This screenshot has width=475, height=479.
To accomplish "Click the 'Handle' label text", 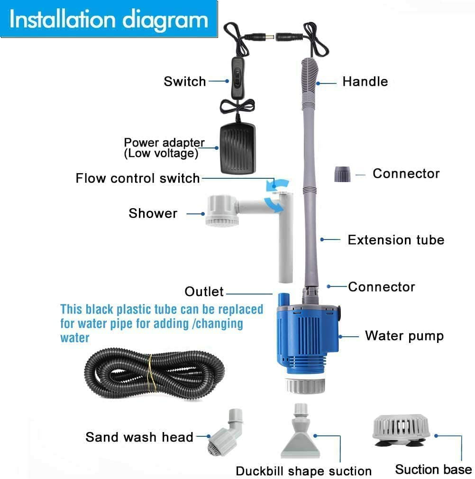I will coord(365,82).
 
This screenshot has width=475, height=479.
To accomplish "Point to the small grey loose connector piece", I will coord(342,175).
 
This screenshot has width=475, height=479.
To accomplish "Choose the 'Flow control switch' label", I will coord(137,178).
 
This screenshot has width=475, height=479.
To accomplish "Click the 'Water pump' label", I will coord(404,336).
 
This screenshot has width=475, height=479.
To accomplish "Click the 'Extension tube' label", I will coord(396,240).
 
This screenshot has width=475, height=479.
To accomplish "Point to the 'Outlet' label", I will coord(204,291).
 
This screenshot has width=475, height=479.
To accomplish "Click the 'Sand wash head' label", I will coord(139,437).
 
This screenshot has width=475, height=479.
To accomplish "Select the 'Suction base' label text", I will coord(433,470).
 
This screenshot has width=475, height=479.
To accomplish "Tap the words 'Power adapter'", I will coord(164,143).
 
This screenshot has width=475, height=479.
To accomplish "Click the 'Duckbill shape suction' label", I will coord(303,471).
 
